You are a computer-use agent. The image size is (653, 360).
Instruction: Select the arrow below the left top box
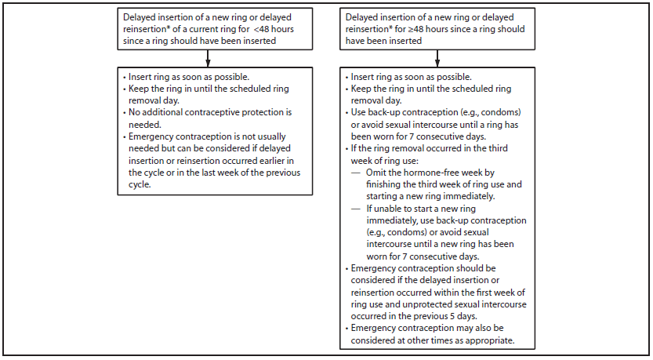click(x=207, y=59)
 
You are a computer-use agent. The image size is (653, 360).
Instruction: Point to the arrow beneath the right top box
click(x=437, y=59)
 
